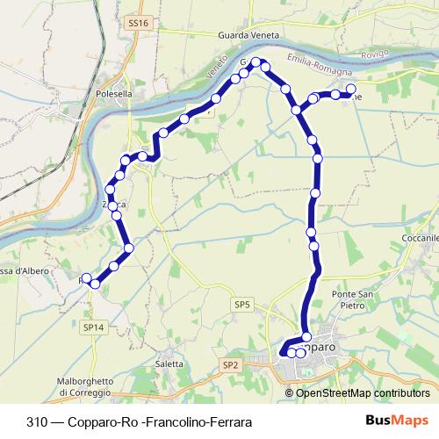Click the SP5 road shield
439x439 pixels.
242,305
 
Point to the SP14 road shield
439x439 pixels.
93,327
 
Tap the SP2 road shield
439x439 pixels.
231,364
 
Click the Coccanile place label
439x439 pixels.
417,238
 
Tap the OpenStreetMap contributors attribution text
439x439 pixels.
363,392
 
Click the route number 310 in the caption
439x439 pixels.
37,421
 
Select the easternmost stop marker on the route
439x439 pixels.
351,90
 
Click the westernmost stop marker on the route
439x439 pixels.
86,278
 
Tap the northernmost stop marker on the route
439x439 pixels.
257,62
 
